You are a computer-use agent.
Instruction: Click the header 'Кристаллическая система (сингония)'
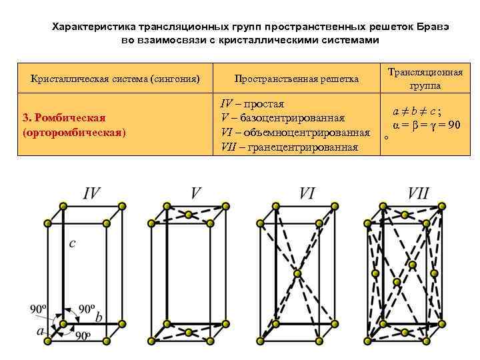(x=115, y=79)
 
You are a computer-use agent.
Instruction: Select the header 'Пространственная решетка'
(x=297, y=79)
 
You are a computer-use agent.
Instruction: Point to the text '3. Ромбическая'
(x=65, y=118)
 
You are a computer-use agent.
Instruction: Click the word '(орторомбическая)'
(x=74, y=132)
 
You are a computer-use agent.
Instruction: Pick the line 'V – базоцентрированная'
(x=283, y=119)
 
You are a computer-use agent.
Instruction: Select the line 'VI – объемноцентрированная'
(x=295, y=133)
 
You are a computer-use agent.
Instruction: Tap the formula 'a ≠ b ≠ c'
(x=420, y=111)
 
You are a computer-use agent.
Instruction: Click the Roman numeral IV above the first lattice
(x=92, y=194)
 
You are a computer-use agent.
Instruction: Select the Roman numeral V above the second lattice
(x=195, y=194)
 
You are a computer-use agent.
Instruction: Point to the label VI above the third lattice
(x=307, y=194)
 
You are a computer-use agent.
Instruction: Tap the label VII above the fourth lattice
(x=419, y=194)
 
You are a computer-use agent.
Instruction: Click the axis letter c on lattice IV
(x=73, y=244)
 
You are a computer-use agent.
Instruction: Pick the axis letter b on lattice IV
(x=99, y=318)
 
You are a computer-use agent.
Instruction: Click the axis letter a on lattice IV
(x=41, y=331)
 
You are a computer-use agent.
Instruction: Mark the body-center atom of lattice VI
(x=297, y=273)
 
